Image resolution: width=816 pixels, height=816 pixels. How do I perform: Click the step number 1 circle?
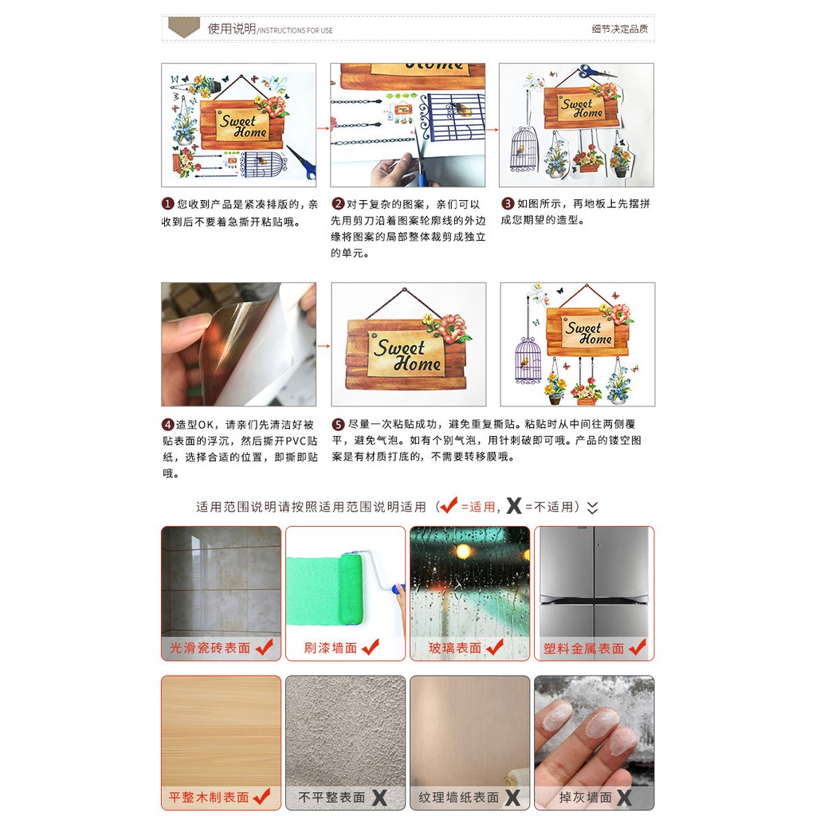167,203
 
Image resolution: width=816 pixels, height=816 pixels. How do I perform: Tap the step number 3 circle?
508,203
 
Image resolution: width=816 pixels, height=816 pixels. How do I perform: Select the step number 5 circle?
338,424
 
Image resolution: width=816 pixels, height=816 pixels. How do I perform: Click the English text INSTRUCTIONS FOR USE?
296,31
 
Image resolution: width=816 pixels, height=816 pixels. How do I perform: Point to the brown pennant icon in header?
184,26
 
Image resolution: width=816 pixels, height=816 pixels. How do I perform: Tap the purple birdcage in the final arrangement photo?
528,360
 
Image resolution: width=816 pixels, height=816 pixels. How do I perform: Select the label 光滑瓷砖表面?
210,649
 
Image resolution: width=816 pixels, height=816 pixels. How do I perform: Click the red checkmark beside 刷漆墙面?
371,647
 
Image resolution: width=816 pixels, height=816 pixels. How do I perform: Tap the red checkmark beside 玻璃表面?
495,647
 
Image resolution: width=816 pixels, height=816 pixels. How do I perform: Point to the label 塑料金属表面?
583,649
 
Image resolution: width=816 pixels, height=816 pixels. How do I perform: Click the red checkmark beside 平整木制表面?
261,796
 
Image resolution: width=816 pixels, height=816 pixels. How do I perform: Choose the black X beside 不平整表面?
379,797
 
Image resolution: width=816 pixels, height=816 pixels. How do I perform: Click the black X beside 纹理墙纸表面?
512,797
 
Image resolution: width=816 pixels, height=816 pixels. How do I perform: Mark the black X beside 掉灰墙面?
625,797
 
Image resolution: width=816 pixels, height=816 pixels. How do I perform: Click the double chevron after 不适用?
592,508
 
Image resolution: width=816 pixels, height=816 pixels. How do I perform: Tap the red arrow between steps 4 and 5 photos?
324,346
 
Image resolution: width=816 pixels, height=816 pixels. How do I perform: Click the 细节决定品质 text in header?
620,29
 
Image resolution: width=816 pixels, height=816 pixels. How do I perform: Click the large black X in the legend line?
514,506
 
